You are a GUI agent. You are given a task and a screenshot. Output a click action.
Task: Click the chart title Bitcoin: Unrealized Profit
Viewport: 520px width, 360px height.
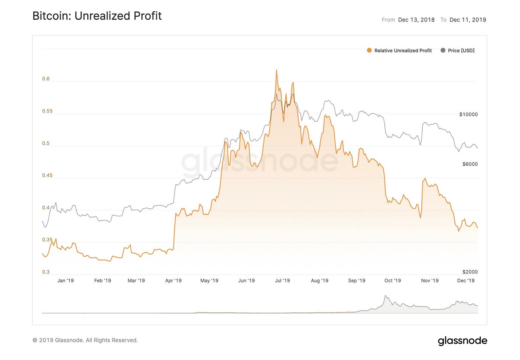[97, 16]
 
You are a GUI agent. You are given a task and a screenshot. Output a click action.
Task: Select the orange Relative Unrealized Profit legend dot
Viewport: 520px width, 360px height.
[369, 50]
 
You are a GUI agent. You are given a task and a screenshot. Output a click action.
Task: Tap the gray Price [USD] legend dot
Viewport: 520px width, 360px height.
[443, 50]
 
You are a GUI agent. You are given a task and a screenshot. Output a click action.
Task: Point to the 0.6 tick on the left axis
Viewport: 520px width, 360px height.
[46, 79]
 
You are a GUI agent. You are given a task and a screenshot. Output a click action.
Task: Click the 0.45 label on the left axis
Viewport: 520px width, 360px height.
[47, 175]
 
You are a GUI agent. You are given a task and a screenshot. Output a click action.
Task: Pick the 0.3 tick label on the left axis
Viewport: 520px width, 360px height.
[46, 272]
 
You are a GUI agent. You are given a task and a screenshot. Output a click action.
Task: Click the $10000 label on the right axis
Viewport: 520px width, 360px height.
[468, 114]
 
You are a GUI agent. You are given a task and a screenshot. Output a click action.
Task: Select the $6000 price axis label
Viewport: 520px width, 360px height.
[470, 164]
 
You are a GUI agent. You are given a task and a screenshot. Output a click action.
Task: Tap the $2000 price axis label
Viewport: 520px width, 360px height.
[470, 272]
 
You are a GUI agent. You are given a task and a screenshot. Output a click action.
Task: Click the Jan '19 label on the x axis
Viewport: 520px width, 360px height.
[65, 281]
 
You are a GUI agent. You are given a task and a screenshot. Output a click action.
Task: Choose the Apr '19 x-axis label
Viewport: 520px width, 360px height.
[173, 281]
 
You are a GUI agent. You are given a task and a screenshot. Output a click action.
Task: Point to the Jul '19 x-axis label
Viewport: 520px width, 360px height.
[282, 281]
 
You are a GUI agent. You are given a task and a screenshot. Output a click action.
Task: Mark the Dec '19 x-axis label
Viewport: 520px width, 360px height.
[466, 281]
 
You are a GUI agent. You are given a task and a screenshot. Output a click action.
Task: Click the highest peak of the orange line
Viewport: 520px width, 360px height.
[276, 70]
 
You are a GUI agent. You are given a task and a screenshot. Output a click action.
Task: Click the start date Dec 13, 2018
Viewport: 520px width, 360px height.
[416, 20]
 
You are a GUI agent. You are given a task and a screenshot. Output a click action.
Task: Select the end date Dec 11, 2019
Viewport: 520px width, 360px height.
[468, 20]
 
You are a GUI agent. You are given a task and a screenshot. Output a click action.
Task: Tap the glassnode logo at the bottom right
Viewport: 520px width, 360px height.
[462, 341]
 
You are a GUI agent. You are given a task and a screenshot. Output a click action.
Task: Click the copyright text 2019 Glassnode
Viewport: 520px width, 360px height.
[85, 340]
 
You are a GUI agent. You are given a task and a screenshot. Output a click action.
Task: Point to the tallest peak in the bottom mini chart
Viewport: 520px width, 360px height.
[386, 296]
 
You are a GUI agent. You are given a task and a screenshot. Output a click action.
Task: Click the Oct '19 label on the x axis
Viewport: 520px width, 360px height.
[393, 281]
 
